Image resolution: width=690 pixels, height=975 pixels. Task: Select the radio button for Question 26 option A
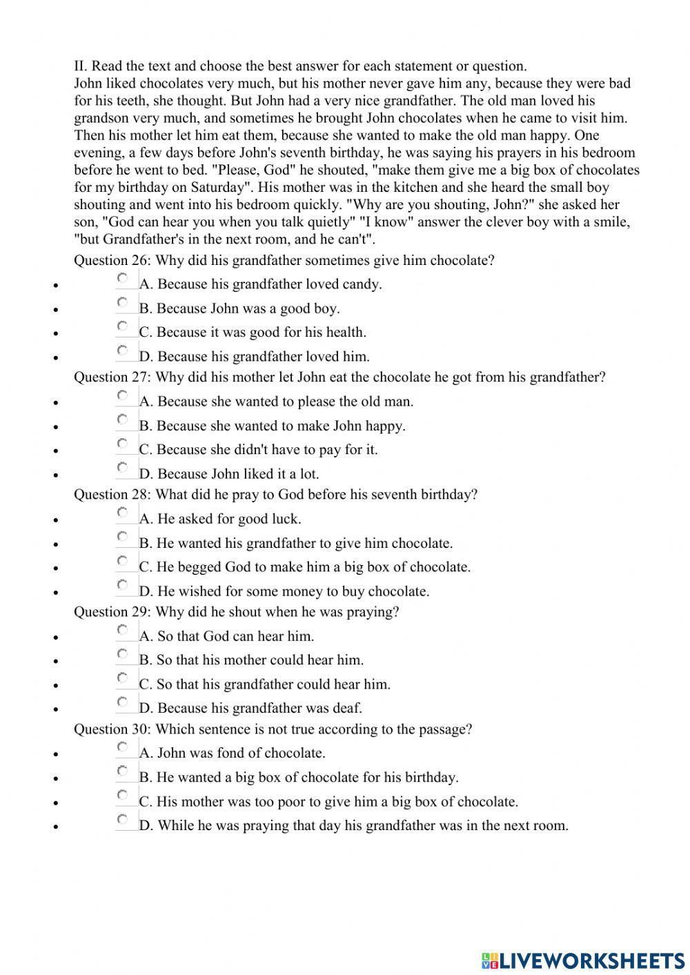[123, 279]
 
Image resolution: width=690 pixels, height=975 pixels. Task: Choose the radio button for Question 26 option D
[123, 351]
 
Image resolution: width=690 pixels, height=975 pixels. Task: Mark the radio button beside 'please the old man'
[123, 397]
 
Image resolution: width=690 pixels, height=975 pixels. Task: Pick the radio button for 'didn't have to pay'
[123, 444]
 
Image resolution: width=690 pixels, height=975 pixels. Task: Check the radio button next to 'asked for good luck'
[123, 514]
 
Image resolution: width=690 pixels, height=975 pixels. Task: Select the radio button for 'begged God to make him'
[123, 562]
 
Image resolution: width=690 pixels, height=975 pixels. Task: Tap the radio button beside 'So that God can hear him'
[123, 631]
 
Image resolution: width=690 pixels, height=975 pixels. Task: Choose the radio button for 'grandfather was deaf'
[123, 703]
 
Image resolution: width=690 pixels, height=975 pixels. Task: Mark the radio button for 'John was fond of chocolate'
[123, 748]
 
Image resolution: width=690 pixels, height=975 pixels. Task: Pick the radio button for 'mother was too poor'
[123, 796]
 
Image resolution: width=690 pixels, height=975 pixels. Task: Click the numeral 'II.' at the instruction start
[81, 67]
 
